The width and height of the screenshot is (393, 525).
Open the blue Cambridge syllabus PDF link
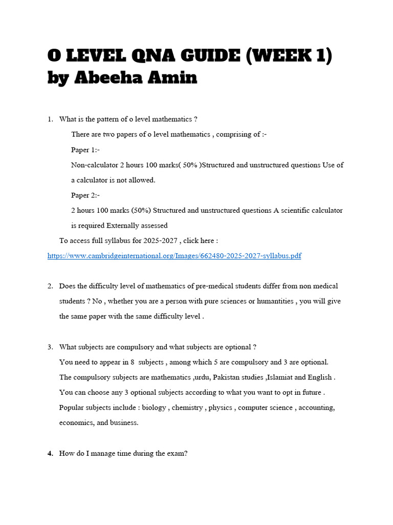(x=174, y=255)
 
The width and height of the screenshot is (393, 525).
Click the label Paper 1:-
(x=85, y=150)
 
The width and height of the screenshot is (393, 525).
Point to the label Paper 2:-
(x=85, y=195)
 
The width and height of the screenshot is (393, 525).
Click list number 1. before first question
(x=50, y=119)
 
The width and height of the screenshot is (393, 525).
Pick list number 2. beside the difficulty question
(x=50, y=286)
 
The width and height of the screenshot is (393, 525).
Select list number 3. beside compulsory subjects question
(x=50, y=347)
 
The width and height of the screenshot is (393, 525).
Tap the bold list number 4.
(x=50, y=453)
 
